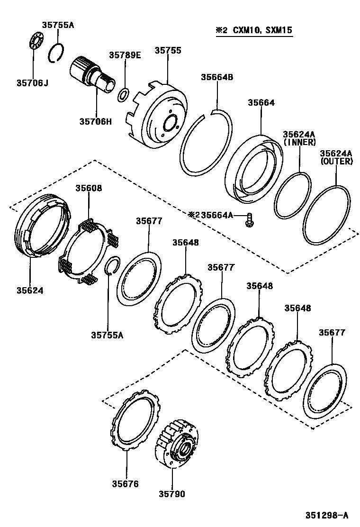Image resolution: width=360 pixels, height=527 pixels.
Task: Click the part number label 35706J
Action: [x=33, y=83]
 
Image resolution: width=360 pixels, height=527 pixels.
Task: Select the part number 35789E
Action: [x=125, y=55]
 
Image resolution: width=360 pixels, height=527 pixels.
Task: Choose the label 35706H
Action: [x=95, y=121]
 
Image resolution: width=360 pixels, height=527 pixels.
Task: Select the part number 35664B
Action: [x=217, y=77]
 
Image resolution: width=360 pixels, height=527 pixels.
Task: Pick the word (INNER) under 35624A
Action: [x=299, y=142]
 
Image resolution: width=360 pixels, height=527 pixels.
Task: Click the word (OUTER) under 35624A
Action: [x=336, y=161]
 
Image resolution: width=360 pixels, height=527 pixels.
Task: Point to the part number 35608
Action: [x=89, y=188]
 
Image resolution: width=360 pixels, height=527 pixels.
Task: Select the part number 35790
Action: [x=171, y=494]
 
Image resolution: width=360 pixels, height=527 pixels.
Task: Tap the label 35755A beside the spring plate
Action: [x=108, y=335]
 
